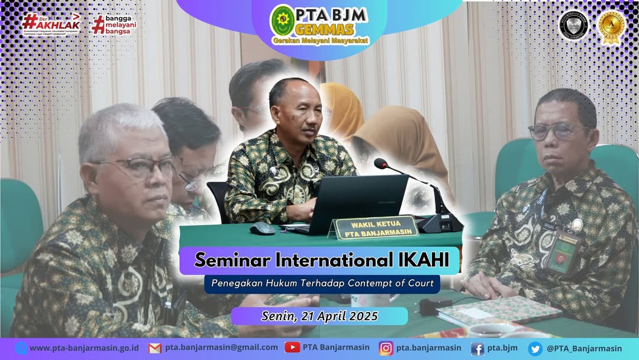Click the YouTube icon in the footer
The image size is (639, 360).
coord(292,348)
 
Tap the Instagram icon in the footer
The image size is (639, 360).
coord(386,348)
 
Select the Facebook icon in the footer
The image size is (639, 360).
coord(477,348)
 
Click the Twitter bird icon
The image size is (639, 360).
coord(535,348)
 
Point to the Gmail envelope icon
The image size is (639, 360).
coord(154,348)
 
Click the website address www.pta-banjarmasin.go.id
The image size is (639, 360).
coord(84,348)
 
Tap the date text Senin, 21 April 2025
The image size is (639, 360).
coord(319,316)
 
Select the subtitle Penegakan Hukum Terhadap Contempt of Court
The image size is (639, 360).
coord(322,283)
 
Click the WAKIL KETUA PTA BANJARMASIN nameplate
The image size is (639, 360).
coord(374,227)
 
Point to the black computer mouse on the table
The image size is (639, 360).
coord(262,229)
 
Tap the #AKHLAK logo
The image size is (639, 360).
coord(51,24)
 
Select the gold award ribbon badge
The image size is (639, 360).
coord(611,27)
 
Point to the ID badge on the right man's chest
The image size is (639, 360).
coord(557,252)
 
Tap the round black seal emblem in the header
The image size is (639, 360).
coord(573,25)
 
